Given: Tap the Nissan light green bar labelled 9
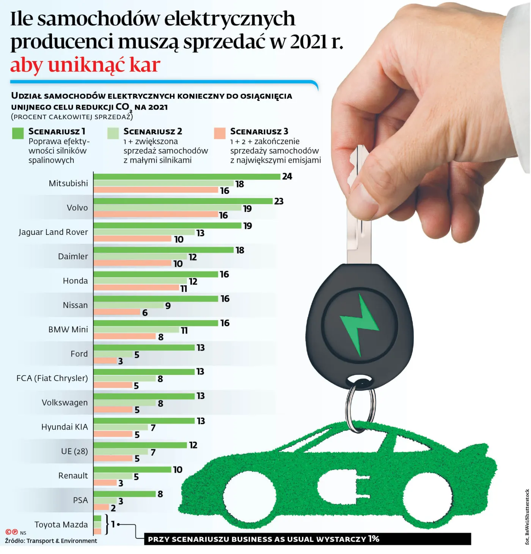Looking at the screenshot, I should [129, 305].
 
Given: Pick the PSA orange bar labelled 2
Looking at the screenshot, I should [101, 507].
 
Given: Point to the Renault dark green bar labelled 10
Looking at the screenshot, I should [132, 470].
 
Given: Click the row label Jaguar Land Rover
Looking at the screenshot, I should [53, 232].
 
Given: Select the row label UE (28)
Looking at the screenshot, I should [74, 451].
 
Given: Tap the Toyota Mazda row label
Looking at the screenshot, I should [61, 525].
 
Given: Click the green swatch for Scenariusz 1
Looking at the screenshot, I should [18, 133].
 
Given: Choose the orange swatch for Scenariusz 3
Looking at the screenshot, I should [220, 133].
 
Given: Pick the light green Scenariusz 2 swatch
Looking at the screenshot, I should [113, 133].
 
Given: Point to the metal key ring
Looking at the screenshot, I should [360, 406].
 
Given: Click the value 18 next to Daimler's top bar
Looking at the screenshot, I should [240, 250].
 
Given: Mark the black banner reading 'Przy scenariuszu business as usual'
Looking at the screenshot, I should [307, 539].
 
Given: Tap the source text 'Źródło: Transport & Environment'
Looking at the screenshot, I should [51, 541].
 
